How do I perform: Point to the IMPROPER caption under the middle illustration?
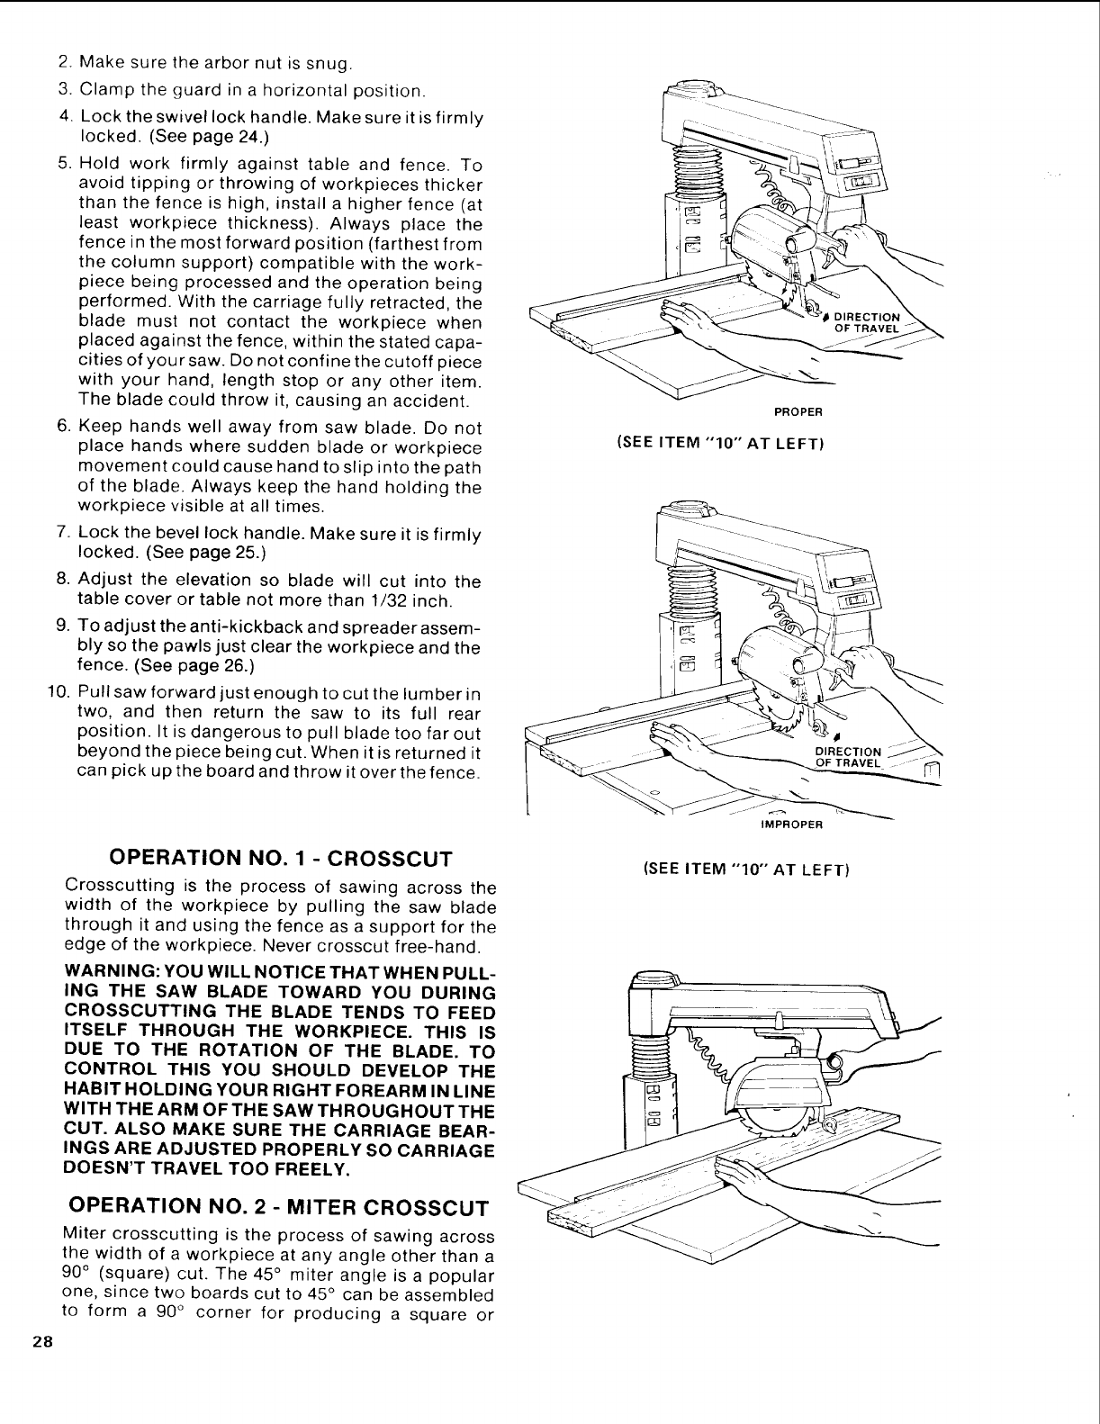(x=787, y=824)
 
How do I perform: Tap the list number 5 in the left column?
(x=64, y=165)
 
